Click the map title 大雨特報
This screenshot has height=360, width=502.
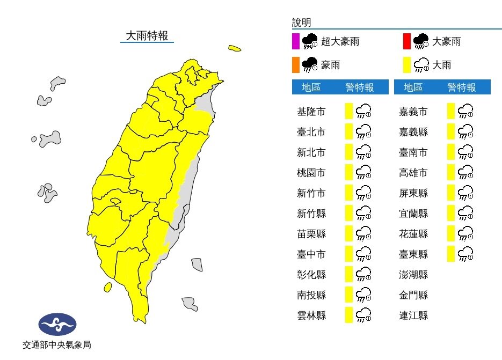[x=147, y=36]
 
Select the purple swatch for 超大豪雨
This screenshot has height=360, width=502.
[x=295, y=41]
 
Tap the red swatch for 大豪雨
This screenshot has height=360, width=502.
[x=406, y=41]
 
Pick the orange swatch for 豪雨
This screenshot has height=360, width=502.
[x=295, y=65]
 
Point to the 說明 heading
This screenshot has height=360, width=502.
[x=301, y=23]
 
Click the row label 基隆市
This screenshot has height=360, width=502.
[x=311, y=112]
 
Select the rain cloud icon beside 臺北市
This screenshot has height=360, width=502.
[x=364, y=132]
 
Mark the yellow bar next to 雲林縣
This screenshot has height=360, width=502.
[x=348, y=315]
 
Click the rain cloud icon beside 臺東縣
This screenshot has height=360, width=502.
[x=465, y=254]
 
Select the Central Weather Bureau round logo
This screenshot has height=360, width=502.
[x=57, y=325]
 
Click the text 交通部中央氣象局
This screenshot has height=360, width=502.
[x=57, y=346]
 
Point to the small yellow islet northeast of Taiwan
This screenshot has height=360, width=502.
[x=234, y=48]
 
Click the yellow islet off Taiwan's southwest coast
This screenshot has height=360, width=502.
[x=107, y=288]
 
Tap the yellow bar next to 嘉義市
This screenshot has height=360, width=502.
[x=450, y=112]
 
